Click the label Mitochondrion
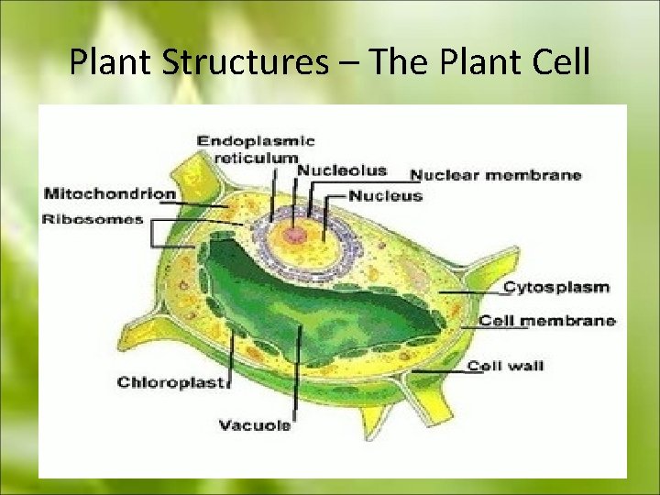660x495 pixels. [x=109, y=193]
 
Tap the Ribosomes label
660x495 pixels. [x=93, y=219]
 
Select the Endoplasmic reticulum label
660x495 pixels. [x=256, y=148]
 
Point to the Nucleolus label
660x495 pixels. [x=341, y=170]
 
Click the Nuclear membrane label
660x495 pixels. [x=495, y=175]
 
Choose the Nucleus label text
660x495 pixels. [x=385, y=195]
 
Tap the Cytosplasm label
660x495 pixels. [x=556, y=287]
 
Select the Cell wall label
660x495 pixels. [x=505, y=366]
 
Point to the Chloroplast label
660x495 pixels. [x=171, y=382]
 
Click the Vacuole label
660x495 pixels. [x=255, y=424]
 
